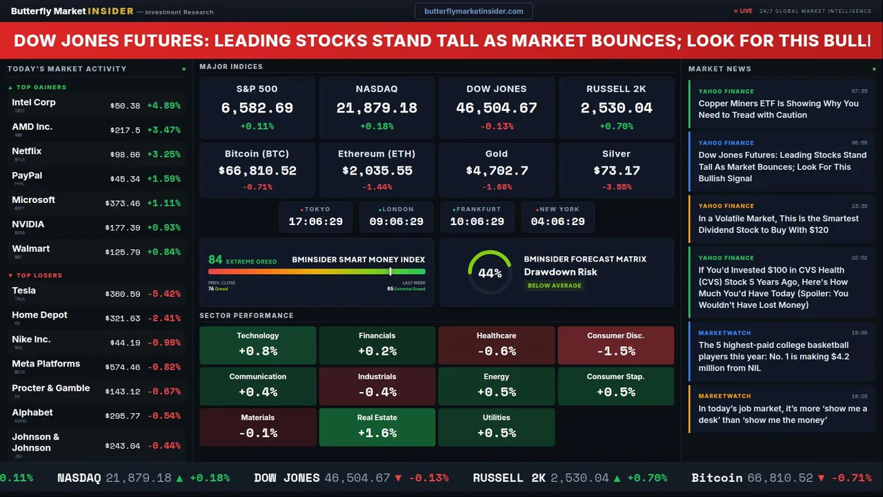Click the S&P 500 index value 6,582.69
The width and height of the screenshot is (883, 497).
(257, 108)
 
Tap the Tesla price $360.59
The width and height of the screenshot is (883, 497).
(124, 294)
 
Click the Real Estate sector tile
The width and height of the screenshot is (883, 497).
(377, 427)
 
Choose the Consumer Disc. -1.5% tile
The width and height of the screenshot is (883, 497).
(615, 345)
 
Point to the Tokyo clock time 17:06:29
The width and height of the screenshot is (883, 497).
(315, 222)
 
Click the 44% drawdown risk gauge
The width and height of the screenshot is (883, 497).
(490, 273)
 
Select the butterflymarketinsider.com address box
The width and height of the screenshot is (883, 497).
(474, 11)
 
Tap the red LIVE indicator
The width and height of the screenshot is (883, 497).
(744, 11)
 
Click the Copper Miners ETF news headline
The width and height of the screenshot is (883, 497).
(778, 109)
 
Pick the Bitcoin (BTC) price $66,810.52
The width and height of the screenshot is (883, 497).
(257, 170)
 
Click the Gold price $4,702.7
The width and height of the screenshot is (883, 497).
(497, 170)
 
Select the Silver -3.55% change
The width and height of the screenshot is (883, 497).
(616, 187)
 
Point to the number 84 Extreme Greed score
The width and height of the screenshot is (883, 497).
(215, 260)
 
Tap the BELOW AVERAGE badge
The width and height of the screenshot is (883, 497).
(554, 285)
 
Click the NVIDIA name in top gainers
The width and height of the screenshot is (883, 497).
(28, 224)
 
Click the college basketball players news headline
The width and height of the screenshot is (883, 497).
(773, 356)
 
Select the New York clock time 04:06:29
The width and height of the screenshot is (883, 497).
(557, 222)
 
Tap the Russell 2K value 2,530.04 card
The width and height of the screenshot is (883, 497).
(616, 108)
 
